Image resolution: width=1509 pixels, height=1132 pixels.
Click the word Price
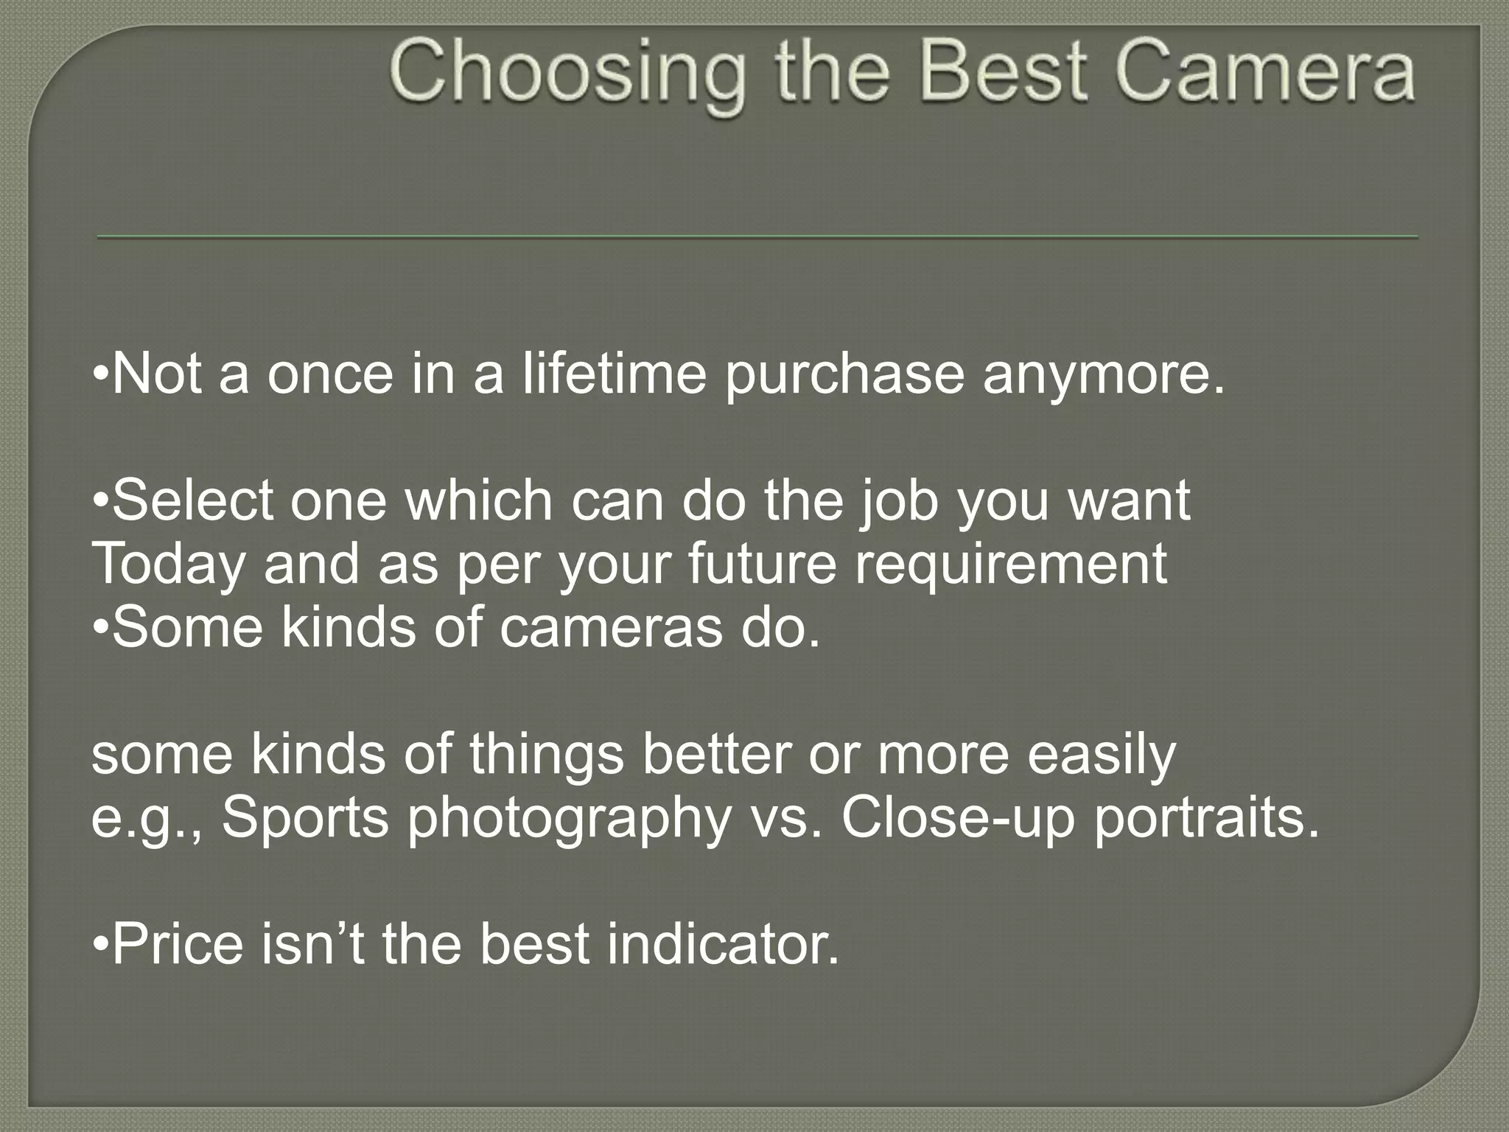177,945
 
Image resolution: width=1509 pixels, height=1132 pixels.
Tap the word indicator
723,945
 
